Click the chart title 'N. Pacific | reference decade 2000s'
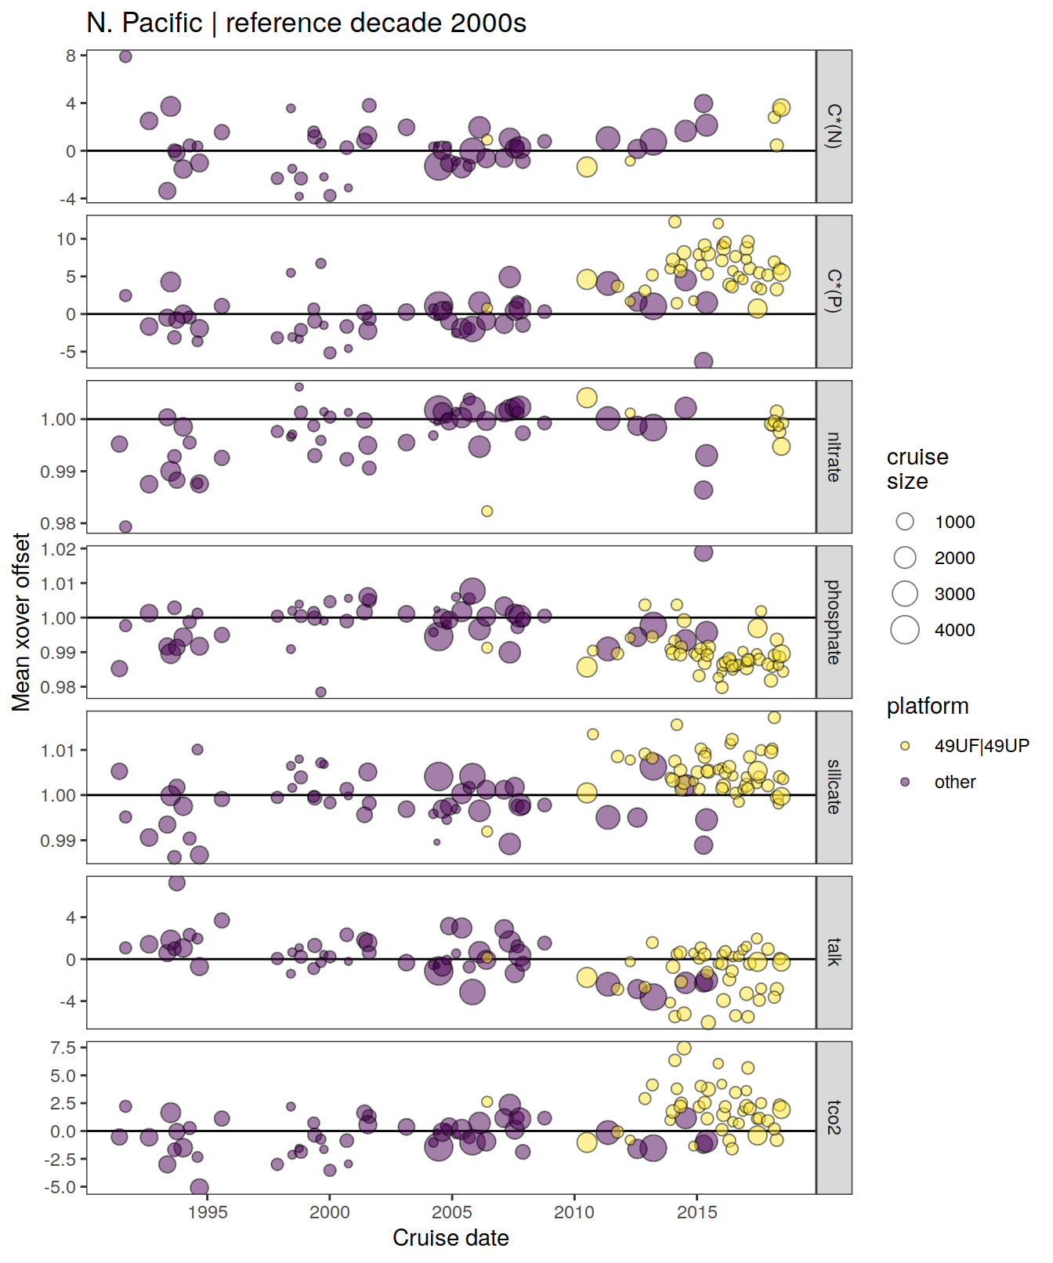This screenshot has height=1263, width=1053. [306, 24]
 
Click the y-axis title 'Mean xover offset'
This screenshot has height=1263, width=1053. [21, 622]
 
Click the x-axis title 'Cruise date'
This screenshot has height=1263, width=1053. [451, 1238]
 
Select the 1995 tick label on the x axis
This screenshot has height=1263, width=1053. [208, 1212]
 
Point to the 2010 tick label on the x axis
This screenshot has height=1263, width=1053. [574, 1212]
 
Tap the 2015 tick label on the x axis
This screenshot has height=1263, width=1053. [697, 1212]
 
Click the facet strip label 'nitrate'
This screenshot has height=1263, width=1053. [834, 457]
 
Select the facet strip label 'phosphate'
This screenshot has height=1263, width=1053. [834, 622]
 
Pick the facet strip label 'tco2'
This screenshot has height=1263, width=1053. [834, 1117]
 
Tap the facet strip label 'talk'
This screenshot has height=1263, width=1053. [834, 952]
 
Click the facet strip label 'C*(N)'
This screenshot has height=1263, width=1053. [834, 126]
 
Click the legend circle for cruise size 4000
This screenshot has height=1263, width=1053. [905, 630]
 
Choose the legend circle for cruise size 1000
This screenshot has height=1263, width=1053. [905, 522]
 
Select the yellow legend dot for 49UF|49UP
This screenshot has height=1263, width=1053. [905, 746]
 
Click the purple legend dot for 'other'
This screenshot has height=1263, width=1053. [905, 782]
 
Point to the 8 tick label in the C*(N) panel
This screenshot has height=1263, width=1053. [71, 56]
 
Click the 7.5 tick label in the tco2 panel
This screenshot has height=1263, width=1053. [63, 1048]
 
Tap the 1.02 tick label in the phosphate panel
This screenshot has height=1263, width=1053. [58, 549]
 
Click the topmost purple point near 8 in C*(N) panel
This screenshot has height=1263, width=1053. [125, 56]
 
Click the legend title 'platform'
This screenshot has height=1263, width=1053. [928, 706]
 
